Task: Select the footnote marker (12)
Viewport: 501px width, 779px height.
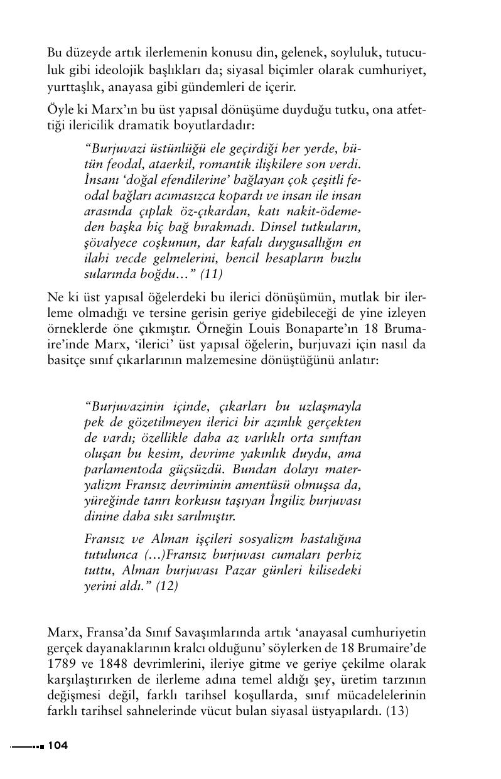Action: click(167, 586)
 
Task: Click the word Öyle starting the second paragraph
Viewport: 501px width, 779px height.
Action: click(61, 111)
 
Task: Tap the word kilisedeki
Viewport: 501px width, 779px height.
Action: click(334, 571)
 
